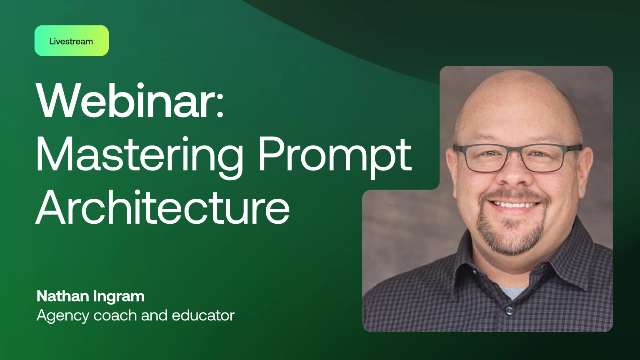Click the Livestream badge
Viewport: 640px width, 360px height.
pos(71,41)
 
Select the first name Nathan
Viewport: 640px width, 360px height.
pos(63,296)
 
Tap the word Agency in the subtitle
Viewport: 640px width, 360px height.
pos(63,316)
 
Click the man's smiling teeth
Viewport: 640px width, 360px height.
pos(515,205)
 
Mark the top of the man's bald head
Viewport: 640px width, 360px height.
pos(517,79)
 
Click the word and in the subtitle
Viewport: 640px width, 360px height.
pos(154,315)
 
